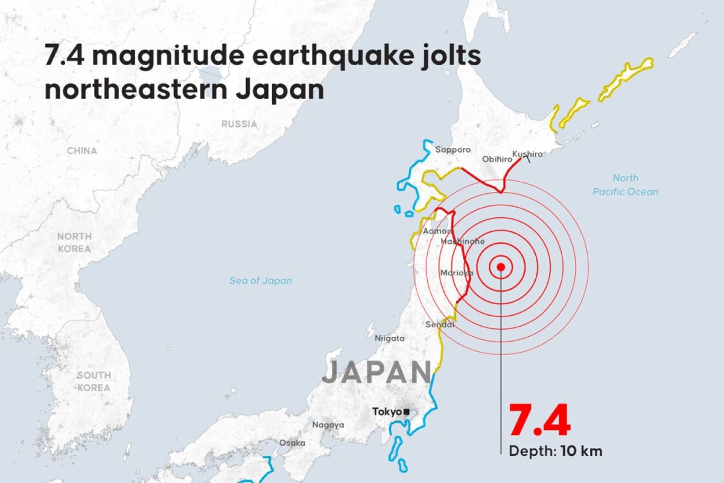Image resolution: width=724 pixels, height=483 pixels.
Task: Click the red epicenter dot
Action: click(x=500, y=267)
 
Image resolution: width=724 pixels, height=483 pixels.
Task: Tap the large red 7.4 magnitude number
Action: click(x=539, y=421)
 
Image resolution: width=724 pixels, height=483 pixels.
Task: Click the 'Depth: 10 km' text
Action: click(x=556, y=451)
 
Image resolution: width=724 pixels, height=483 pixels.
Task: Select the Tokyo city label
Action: click(x=387, y=412)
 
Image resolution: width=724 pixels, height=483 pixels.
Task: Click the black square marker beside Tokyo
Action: click(x=407, y=412)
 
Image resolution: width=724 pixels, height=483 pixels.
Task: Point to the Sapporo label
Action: click(x=453, y=150)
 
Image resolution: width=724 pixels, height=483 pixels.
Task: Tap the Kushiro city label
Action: click(x=527, y=154)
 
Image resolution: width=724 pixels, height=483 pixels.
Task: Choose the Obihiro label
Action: click(x=497, y=159)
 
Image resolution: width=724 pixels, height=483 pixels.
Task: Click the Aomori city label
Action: click(x=437, y=231)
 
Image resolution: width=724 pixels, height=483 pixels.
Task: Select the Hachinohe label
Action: click(x=463, y=241)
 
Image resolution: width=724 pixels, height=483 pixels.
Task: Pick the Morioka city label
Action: click(x=456, y=273)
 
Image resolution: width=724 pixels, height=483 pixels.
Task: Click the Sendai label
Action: click(x=440, y=325)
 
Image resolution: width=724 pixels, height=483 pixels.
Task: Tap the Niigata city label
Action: click(x=390, y=338)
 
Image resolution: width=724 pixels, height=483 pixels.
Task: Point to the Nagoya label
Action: click(x=328, y=424)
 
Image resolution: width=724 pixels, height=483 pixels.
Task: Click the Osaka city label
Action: click(x=292, y=443)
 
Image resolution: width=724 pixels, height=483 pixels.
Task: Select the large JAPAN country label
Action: click(x=377, y=373)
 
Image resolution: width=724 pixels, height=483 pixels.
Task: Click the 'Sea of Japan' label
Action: click(x=261, y=280)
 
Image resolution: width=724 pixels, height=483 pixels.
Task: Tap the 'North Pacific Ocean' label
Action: click(x=625, y=185)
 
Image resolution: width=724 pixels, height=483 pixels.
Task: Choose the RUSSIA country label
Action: click(x=239, y=124)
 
